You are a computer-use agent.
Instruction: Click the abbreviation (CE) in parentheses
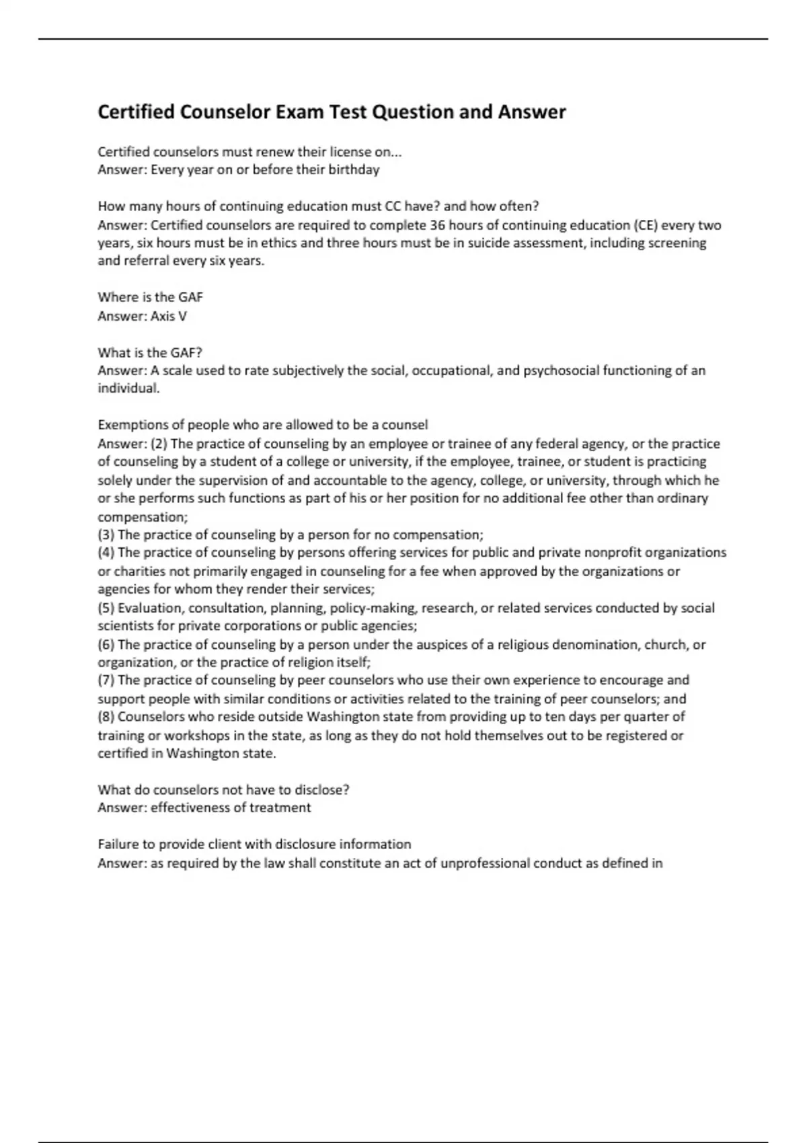pos(645,225)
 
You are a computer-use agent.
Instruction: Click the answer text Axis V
pos(168,316)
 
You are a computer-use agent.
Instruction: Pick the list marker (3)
pos(106,535)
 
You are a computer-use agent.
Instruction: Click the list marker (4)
pos(106,553)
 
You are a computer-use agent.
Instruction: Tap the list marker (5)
pos(106,608)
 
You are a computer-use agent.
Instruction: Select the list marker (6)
pos(106,645)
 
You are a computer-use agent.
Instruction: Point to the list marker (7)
pos(106,680)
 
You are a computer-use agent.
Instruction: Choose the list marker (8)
pos(106,717)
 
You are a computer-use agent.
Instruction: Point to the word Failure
pos(118,844)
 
